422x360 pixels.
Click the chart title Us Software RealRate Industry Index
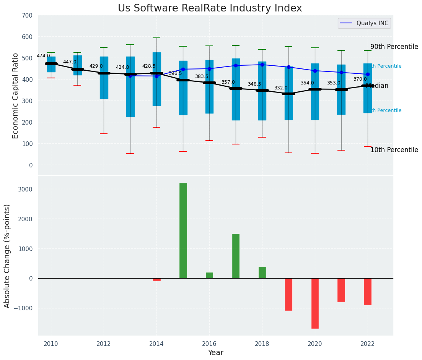tap(210, 8)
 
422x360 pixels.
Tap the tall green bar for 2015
tap(183, 230)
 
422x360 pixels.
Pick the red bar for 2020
tap(315, 303)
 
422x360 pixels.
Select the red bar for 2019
tap(288, 294)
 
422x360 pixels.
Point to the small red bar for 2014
tap(157, 279)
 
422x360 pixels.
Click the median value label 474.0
tap(43, 56)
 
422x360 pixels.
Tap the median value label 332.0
tap(281, 88)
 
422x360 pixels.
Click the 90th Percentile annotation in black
tap(394, 47)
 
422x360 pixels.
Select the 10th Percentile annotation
tap(394, 150)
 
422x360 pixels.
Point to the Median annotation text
tap(377, 86)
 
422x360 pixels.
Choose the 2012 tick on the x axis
tap(104, 344)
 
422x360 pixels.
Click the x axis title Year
tap(216, 353)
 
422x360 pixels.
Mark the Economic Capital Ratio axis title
tap(16, 96)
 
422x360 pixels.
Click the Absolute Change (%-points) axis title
tap(7, 256)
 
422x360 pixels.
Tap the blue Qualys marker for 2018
tap(262, 65)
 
